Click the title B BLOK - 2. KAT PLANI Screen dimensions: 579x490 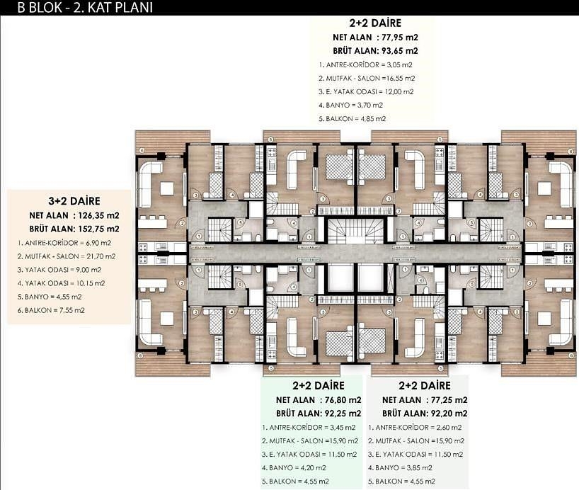pos(85,8)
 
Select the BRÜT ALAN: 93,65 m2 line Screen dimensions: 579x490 pos(376,51)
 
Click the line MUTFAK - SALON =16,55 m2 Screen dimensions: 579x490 pos(367,79)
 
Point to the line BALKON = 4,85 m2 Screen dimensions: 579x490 pos(352,119)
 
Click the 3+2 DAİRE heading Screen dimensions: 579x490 pos(74,201)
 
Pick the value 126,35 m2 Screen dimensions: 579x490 pos(98,215)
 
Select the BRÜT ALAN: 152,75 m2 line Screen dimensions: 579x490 pos(74,229)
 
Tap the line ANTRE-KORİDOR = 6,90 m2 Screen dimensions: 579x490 pos(64,243)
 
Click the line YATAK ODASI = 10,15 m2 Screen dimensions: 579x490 pos(61,283)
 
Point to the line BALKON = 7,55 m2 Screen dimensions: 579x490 pos(51,310)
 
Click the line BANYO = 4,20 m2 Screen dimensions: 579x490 pos(294,468)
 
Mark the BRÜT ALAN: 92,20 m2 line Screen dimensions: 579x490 pos(425,414)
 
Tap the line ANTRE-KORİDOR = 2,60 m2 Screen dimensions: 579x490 pos(415,428)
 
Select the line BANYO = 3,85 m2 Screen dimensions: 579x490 pos(400,468)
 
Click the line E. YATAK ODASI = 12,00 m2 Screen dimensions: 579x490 pos(366,92)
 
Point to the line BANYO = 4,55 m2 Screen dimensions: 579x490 pos(50,297)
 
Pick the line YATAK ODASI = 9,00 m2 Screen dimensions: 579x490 pos(59,270)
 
